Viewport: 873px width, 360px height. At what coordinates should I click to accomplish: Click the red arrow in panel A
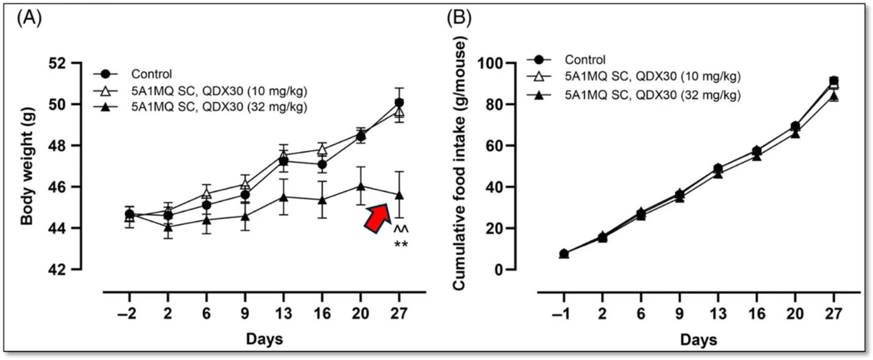pyautogui.click(x=378, y=218)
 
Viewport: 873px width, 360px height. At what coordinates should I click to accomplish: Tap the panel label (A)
pyautogui.click(x=29, y=18)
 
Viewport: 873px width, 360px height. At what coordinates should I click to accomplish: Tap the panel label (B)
pyautogui.click(x=459, y=18)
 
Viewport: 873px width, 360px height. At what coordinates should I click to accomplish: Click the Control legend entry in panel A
pyautogui.click(x=133, y=74)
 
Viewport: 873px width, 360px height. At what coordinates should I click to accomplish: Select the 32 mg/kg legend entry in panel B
pyautogui.click(x=634, y=95)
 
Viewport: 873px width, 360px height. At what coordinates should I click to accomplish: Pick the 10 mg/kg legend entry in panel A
pyautogui.click(x=200, y=91)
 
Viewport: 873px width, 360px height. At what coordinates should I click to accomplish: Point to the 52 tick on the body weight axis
pyautogui.click(x=57, y=63)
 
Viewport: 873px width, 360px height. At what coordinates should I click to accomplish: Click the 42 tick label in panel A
pyautogui.click(x=57, y=269)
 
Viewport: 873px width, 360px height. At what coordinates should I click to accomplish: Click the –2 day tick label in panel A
pyautogui.click(x=128, y=313)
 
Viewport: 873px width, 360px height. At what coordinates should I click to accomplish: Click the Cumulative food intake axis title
pyautogui.click(x=460, y=166)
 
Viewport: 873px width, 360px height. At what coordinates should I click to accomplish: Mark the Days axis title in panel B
pyautogui.click(x=698, y=340)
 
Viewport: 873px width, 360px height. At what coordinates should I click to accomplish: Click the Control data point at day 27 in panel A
pyautogui.click(x=399, y=103)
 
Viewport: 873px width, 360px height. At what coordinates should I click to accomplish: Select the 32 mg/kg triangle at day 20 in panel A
pyautogui.click(x=361, y=186)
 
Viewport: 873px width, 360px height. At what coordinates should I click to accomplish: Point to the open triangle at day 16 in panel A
pyautogui.click(x=322, y=149)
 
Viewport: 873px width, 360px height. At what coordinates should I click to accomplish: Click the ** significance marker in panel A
pyautogui.click(x=401, y=245)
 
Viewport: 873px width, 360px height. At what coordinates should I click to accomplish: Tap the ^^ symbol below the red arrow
pyautogui.click(x=401, y=229)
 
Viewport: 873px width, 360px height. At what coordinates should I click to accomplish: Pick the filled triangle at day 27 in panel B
pyautogui.click(x=834, y=96)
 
